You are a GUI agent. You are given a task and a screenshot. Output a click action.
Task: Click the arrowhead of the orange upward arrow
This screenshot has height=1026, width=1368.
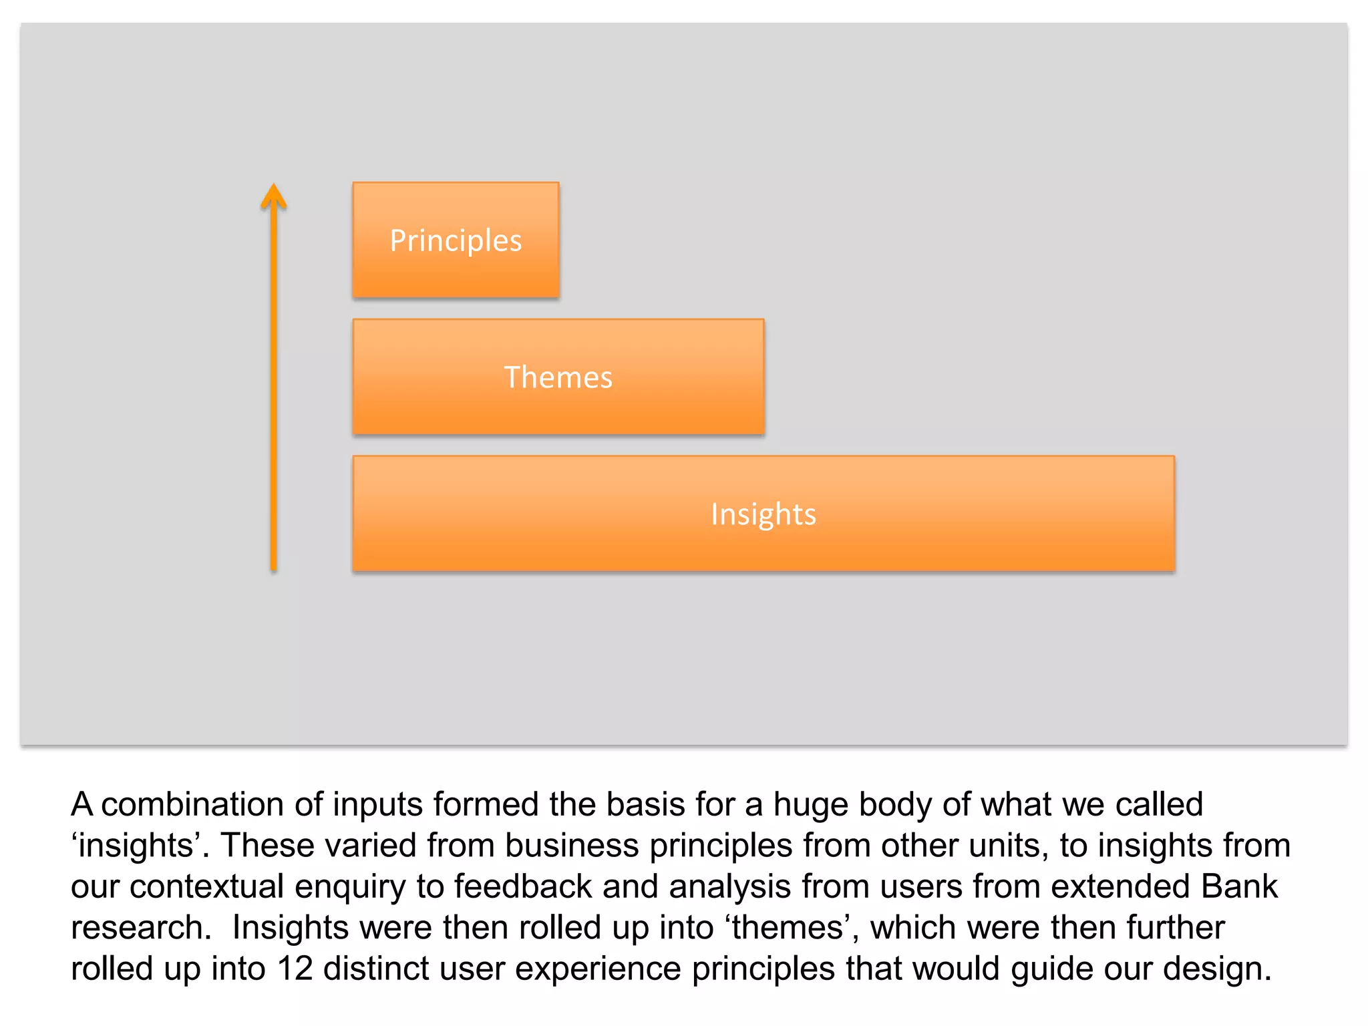point(273,196)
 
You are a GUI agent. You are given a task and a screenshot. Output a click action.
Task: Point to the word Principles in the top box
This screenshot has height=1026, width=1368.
point(456,240)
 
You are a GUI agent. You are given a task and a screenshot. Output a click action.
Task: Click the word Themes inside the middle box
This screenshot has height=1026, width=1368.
point(558,377)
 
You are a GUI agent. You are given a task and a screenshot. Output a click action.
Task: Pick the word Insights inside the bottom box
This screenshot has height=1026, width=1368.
point(763,514)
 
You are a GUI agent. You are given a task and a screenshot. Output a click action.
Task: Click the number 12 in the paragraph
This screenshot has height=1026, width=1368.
point(295,969)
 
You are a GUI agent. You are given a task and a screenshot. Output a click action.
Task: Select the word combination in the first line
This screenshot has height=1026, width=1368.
point(192,804)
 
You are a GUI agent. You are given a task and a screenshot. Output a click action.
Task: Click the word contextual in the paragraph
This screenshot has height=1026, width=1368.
point(207,886)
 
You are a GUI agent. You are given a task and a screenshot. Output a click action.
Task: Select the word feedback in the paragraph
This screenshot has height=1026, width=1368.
point(523,886)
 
